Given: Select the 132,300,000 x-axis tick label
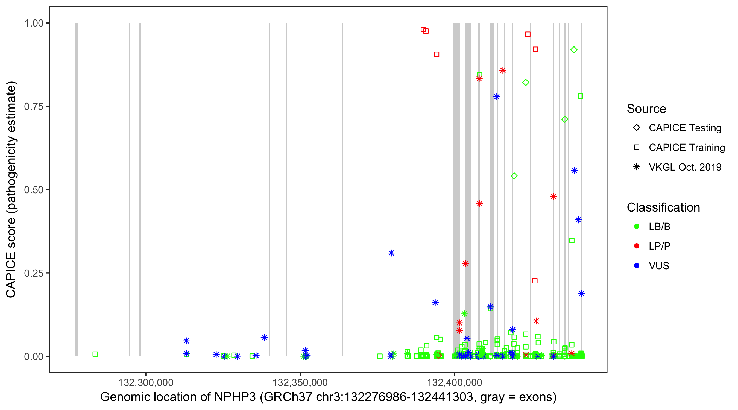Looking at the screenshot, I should click(x=146, y=382).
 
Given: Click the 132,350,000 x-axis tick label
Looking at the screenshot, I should click(x=300, y=382).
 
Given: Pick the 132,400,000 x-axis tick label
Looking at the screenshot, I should click(x=454, y=382).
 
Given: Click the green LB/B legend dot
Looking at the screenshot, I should click(x=637, y=226).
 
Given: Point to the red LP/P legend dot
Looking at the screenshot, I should click(x=637, y=246).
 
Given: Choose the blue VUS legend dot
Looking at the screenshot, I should click(x=637, y=266).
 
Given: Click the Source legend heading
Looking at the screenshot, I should click(x=646, y=109).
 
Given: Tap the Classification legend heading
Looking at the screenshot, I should click(x=663, y=207).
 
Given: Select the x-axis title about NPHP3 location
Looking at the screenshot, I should click(x=328, y=397).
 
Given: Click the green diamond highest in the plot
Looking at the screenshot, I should click(x=574, y=50).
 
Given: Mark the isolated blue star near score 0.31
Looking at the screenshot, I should click(x=391, y=253).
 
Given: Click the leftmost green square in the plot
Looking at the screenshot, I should click(x=95, y=354).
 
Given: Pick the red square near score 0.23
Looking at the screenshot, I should click(x=535, y=281).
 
